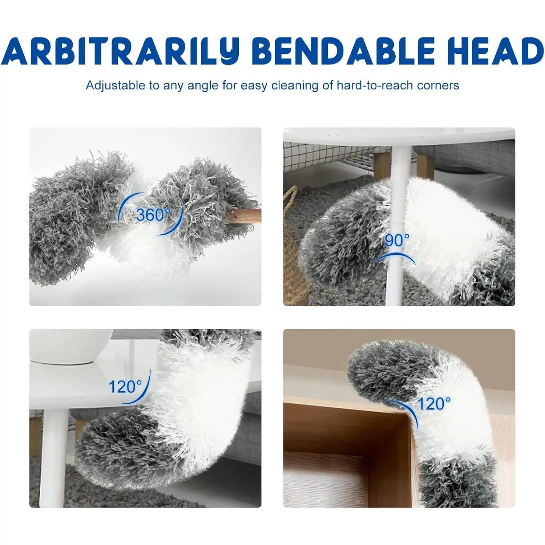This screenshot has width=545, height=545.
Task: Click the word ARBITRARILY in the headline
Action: tap(120, 51)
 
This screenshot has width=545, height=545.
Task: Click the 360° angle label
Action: tap(153, 215)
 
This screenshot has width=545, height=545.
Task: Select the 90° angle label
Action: tap(397, 241)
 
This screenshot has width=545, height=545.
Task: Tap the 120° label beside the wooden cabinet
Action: tap(434, 404)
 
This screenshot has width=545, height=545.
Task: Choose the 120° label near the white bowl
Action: tap(125, 387)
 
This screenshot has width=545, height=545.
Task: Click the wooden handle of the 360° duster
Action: tap(244, 216)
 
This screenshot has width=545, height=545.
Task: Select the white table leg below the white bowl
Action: tap(54, 458)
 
